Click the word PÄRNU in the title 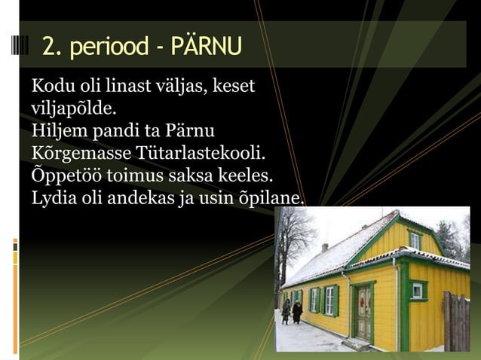[x=206, y=45]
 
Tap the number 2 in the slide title [x=49, y=45]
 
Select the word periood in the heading [x=106, y=47]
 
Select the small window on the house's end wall [x=417, y=289]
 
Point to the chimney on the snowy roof [x=324, y=246]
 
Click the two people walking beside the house [x=292, y=310]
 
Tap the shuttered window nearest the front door [x=329, y=301]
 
